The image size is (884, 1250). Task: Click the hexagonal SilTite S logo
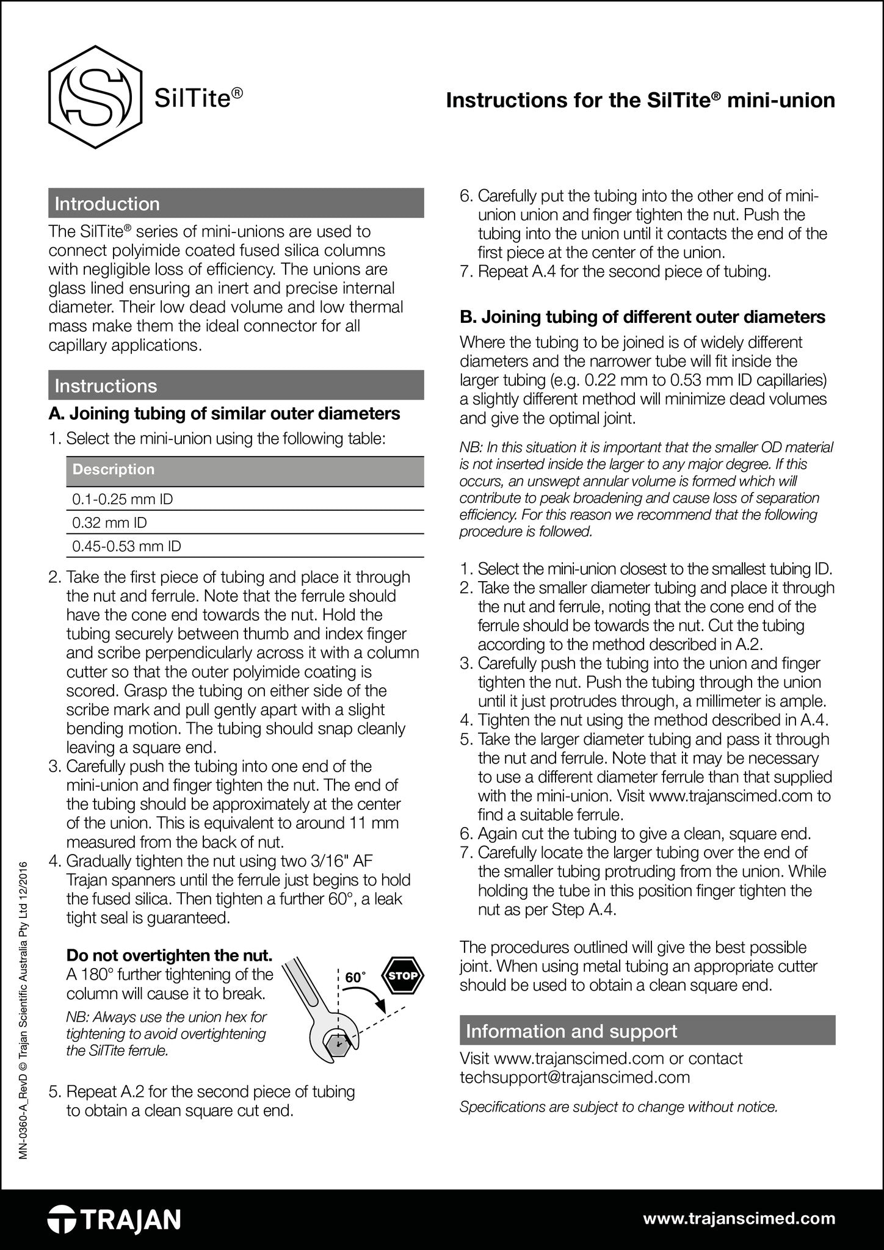[95, 96]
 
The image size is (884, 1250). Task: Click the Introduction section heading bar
[236, 203]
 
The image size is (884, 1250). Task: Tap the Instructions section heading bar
[236, 385]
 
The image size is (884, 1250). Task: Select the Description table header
[244, 470]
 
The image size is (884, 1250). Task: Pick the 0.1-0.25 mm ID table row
[244, 499]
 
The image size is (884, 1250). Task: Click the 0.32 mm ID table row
[244, 522]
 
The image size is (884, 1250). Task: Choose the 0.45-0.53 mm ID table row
[244, 546]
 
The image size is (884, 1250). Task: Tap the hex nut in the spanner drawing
[338, 1045]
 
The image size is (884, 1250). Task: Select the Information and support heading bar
[647, 1031]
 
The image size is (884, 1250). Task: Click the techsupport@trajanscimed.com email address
[574, 1077]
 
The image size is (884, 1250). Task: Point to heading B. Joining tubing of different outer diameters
[642, 317]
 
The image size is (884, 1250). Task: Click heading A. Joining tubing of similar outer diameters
[224, 414]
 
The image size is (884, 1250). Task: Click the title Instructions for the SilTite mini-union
[640, 100]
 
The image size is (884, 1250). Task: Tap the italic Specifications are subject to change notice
[618, 1107]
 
